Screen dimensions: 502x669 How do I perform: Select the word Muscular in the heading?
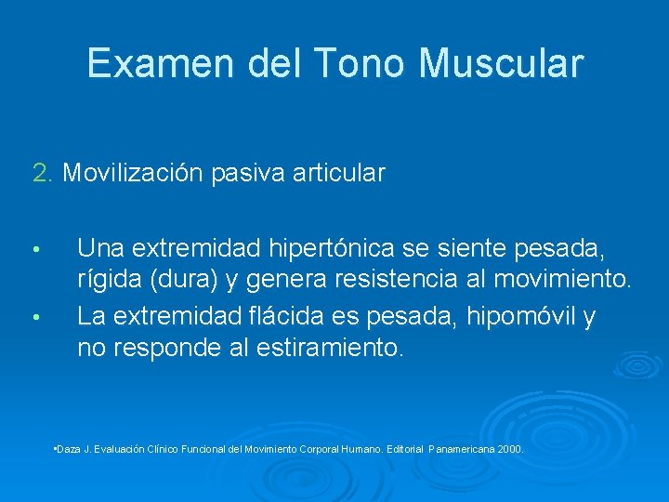click(x=501, y=63)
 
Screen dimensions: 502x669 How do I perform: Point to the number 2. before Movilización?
click(x=44, y=173)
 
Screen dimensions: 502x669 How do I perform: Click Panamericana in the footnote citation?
click(x=462, y=449)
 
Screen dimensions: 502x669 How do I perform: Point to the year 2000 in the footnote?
click(x=510, y=449)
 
